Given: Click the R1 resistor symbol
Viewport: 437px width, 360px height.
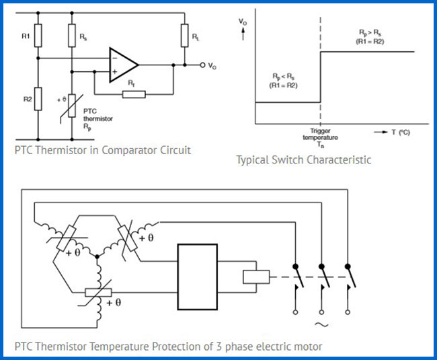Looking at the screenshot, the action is [x=38, y=36].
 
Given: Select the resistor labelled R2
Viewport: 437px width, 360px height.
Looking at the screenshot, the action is [x=38, y=99].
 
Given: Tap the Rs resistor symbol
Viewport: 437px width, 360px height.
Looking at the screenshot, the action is [x=72, y=36].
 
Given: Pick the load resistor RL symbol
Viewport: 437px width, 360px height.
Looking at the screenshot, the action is [x=184, y=36].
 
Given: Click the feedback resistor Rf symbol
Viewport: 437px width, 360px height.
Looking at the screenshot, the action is [x=134, y=94].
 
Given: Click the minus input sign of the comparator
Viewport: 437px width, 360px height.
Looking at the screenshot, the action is [x=114, y=59].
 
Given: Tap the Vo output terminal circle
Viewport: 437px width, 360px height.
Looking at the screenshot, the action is [x=202, y=65].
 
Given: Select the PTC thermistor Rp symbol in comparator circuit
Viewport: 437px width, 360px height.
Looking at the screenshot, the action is [x=72, y=106].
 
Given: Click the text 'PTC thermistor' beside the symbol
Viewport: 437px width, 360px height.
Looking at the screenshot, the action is [x=98, y=115].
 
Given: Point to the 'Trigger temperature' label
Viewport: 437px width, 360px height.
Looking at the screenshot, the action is [x=320, y=134].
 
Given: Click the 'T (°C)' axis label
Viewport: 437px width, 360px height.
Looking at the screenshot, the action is [x=401, y=132].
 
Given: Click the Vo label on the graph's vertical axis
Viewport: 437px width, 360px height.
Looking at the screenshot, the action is [x=243, y=22].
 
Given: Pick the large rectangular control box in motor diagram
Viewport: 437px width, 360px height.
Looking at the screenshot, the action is [x=198, y=277].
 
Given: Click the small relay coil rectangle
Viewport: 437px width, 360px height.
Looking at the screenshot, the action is [x=256, y=277].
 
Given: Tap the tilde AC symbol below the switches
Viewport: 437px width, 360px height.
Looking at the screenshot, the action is [x=321, y=324].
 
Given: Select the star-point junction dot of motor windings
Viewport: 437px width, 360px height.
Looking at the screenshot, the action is [x=97, y=256].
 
